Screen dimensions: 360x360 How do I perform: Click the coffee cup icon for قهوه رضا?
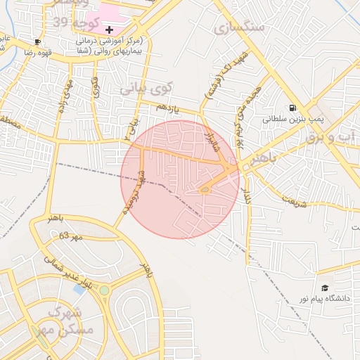[x=37, y=41]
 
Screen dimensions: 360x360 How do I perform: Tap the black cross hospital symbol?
[x=109, y=30]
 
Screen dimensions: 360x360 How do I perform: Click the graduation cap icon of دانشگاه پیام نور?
[x=325, y=288]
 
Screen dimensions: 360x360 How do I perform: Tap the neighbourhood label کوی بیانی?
[x=146, y=89]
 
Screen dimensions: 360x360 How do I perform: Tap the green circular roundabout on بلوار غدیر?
[x=105, y=290]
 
